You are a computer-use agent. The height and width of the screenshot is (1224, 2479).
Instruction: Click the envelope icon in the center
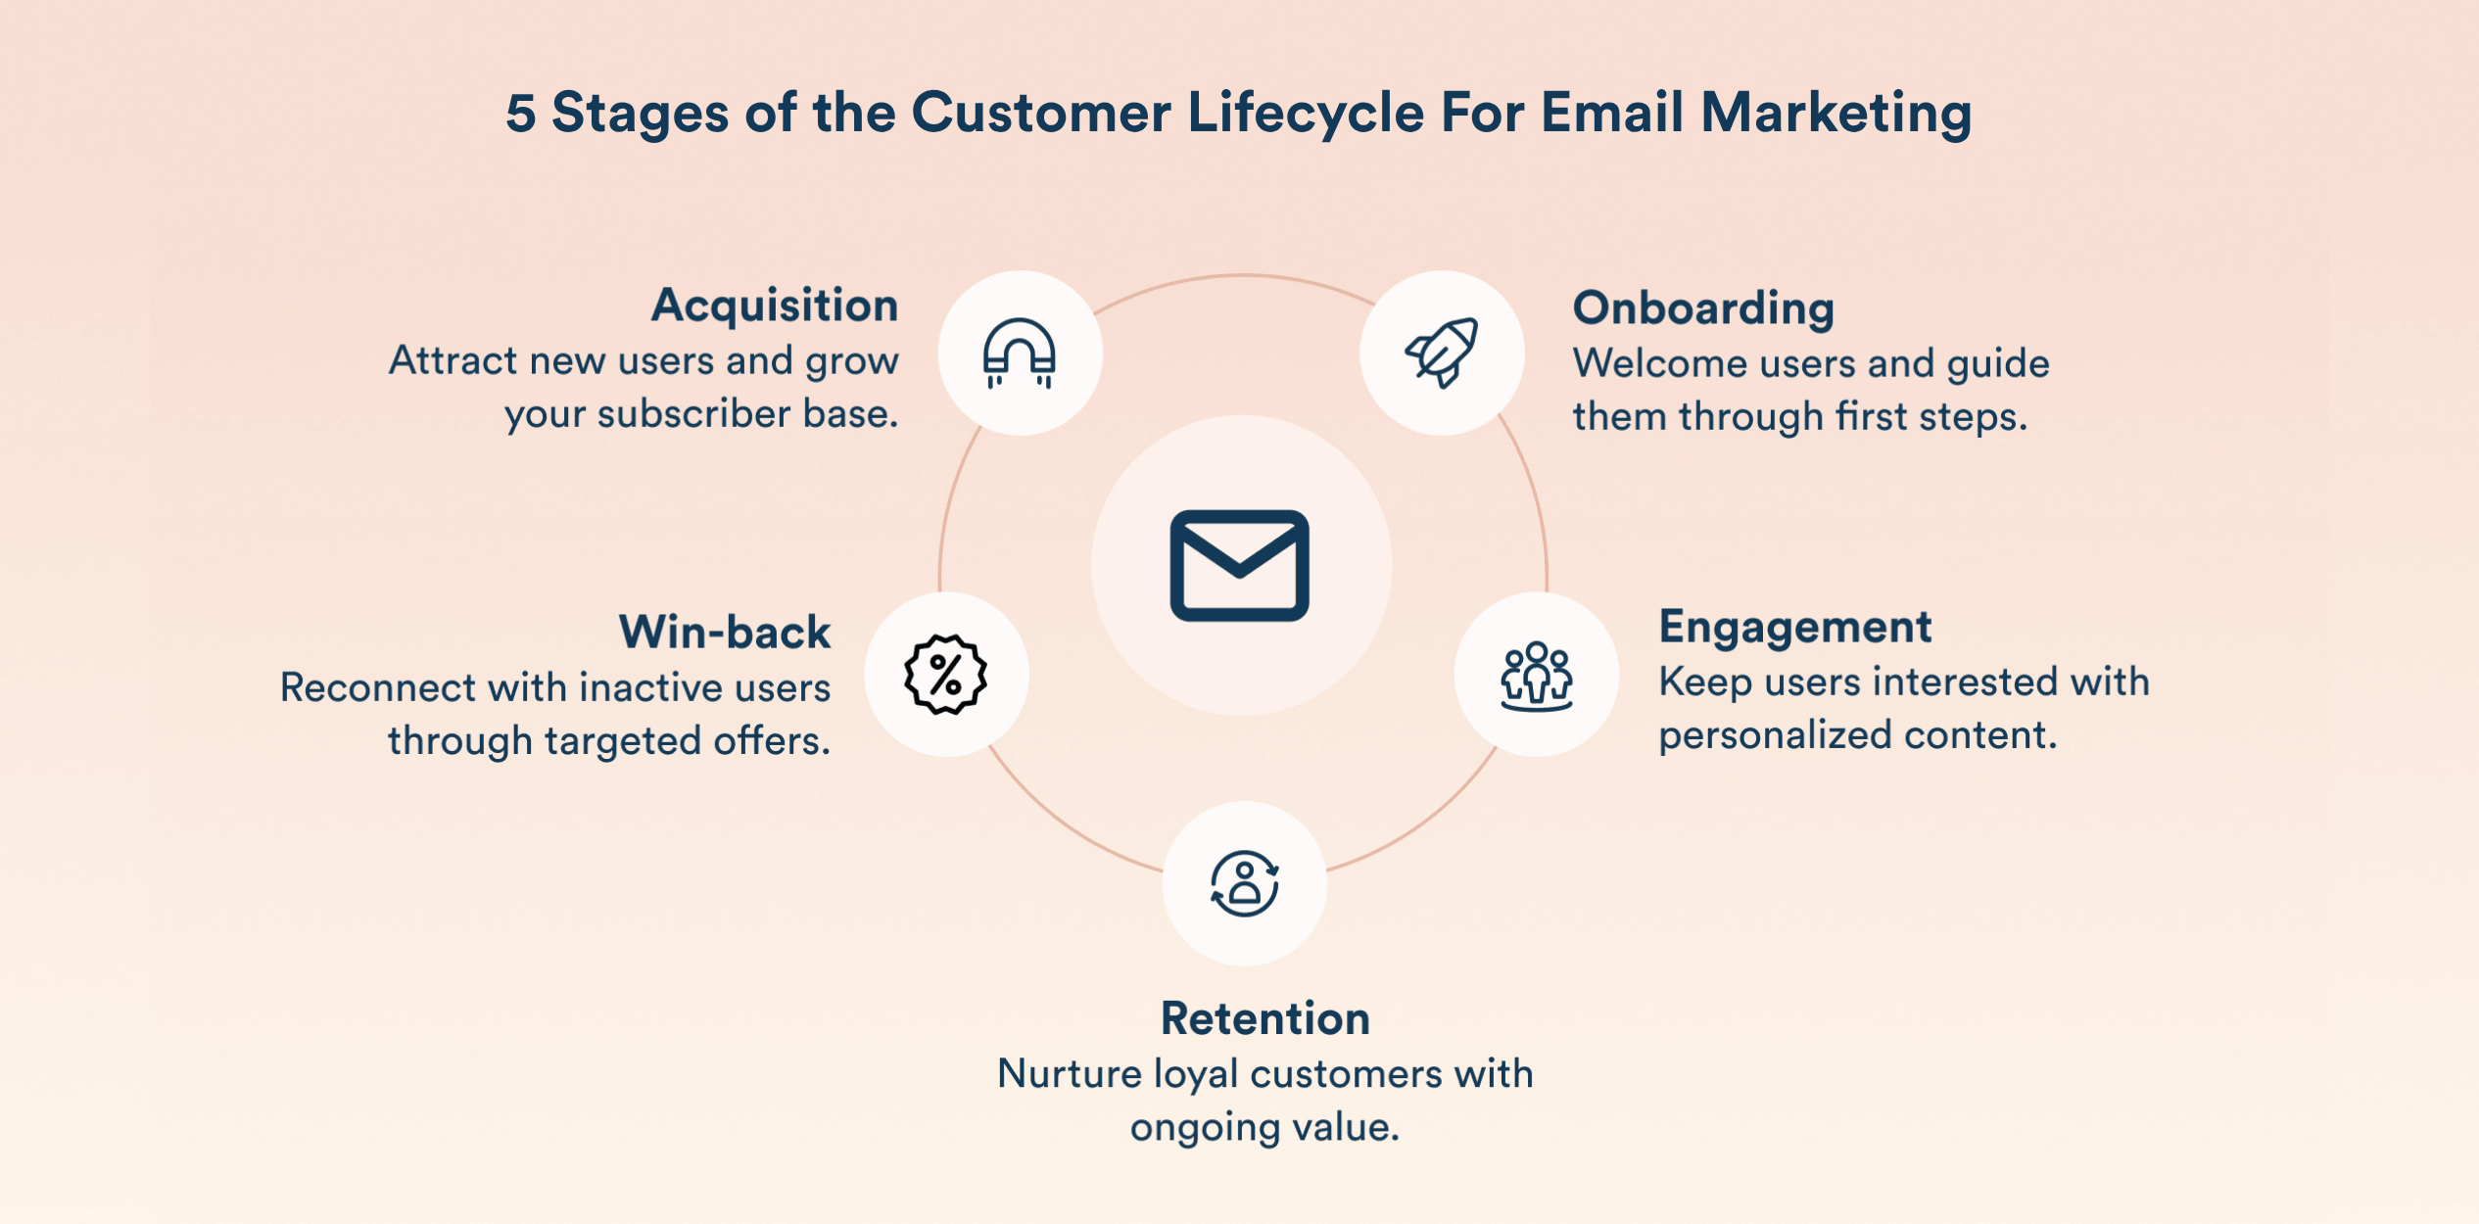1239,565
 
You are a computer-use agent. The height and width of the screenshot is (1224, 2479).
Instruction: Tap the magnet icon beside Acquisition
1020,353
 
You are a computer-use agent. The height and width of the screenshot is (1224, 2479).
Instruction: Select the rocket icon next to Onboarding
1442,353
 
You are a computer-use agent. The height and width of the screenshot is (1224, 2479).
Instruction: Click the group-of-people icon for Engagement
1536,675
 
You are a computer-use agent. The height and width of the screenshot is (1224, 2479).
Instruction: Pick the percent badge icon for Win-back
945,675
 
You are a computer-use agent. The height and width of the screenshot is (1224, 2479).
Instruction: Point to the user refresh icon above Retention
1244,883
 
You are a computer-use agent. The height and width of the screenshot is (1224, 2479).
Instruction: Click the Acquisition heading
775,306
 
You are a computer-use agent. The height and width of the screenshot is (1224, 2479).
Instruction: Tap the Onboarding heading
1703,308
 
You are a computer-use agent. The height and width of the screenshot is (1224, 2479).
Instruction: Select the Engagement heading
1794,627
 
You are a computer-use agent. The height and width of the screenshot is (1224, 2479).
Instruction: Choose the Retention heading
1264,1018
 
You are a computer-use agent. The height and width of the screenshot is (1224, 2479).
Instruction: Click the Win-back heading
724,633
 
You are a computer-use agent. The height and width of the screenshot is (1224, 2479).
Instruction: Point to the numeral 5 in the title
521,113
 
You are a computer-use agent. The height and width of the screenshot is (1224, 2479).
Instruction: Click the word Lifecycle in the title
1306,113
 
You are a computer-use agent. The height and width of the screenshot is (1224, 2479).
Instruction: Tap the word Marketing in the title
1835,113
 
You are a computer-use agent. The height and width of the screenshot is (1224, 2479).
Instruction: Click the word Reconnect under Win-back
377,687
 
